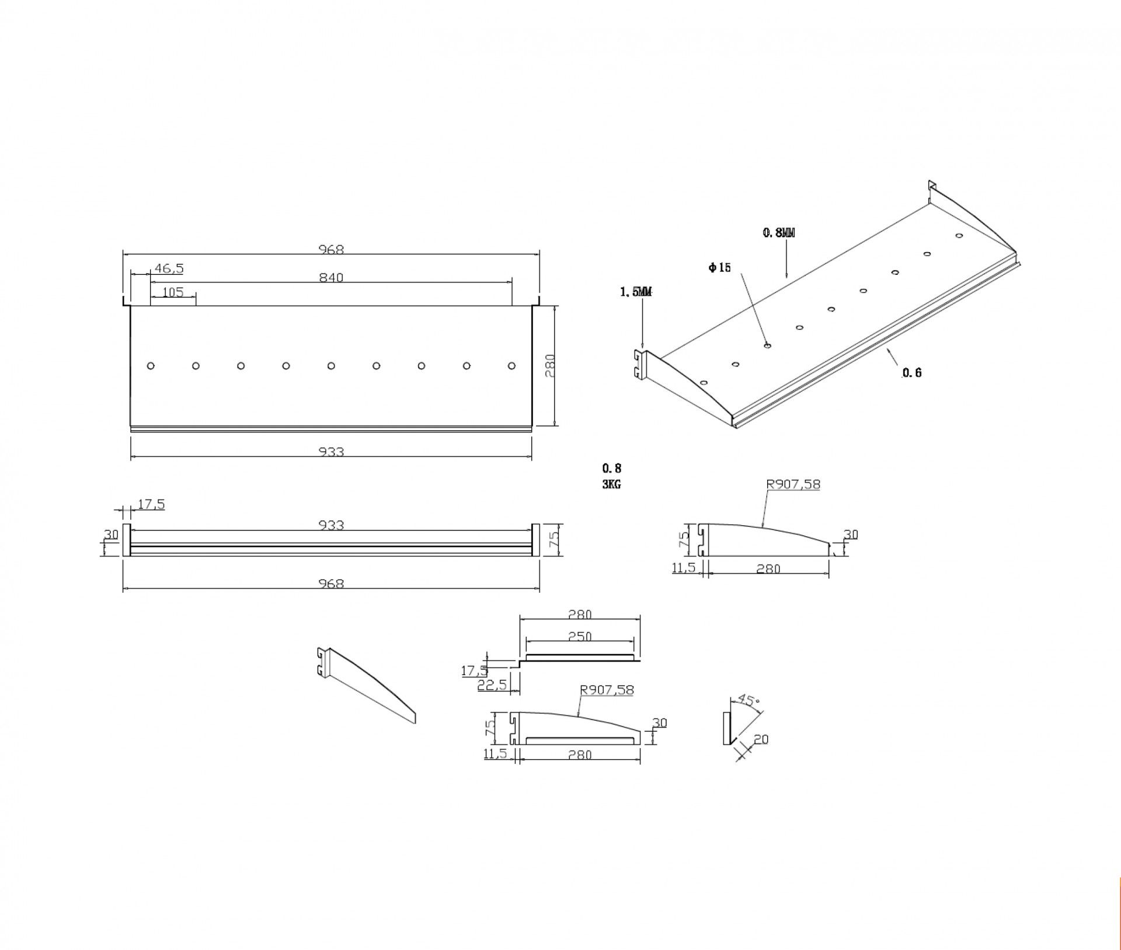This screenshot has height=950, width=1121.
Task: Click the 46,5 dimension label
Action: click(x=169, y=269)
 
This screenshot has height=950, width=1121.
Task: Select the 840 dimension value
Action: click(x=331, y=278)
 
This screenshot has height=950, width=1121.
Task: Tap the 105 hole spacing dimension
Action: click(x=173, y=292)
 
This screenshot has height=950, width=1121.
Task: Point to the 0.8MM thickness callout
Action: click(x=779, y=233)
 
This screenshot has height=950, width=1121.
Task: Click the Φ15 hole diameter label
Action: click(x=720, y=268)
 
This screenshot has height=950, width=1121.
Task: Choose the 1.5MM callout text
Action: click(x=636, y=292)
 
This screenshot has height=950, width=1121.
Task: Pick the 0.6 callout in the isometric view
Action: click(x=912, y=373)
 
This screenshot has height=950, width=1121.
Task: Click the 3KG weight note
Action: click(x=612, y=484)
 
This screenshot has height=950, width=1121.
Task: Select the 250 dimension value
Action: click(x=580, y=637)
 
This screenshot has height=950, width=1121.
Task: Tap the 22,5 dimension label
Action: click(x=492, y=686)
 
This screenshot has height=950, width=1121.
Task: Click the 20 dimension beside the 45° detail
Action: click(x=761, y=739)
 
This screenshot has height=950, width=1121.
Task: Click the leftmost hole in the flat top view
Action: click(x=151, y=366)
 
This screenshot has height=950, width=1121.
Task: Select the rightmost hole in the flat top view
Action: click(x=512, y=366)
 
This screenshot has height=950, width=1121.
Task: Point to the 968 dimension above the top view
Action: click(x=331, y=250)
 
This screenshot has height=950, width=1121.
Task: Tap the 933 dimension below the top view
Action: click(x=331, y=452)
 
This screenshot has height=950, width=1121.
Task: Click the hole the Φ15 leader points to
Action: click(x=767, y=345)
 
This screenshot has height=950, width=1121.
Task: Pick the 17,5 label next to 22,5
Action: click(x=474, y=670)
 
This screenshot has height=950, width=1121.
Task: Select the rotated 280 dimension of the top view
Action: click(x=549, y=366)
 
